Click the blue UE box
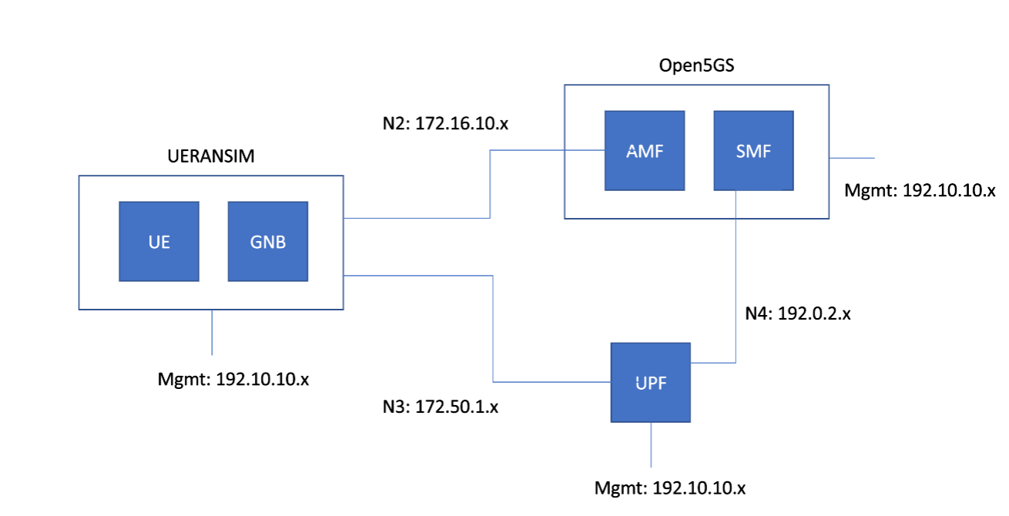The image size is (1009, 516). [159, 241]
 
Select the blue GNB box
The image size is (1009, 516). [268, 241]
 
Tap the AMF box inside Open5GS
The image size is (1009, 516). [645, 151]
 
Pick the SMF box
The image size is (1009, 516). [753, 151]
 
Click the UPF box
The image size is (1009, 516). [651, 382]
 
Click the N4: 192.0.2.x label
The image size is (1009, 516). [797, 313]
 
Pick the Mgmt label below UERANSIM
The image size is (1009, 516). [233, 379]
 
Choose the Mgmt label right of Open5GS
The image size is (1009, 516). [920, 189]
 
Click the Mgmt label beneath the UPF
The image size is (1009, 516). [670, 488]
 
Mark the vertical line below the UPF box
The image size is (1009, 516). [652, 445]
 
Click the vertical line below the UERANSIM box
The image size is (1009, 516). [212, 331]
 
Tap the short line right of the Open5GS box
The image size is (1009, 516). [852, 158]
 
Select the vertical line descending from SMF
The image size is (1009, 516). [737, 277]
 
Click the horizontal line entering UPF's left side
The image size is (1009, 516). [551, 382]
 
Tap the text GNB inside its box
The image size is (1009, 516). [268, 242]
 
